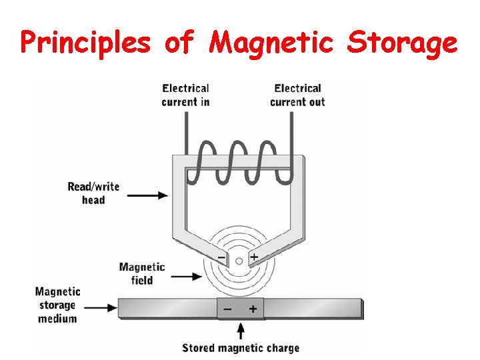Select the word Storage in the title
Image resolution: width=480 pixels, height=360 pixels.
coord(403,43)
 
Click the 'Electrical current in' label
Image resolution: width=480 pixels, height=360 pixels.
coord(185,95)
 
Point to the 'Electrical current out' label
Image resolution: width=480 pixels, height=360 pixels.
coord(297,95)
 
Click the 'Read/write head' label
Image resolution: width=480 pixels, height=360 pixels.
coord(93,193)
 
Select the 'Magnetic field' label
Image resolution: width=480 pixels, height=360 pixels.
coord(142,273)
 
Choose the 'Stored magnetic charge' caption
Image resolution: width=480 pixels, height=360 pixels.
coord(241,347)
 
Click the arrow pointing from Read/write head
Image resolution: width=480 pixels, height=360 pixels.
coord(147,195)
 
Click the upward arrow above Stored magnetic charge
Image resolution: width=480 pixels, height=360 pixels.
coord(241,329)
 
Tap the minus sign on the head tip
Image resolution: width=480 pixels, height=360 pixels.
coord(221,257)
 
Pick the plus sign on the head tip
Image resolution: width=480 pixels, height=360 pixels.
coord(254,257)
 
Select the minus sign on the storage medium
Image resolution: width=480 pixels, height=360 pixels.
coord(228,309)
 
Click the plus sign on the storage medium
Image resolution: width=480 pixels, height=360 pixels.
coord(253,309)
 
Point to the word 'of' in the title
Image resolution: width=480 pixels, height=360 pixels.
coord(180,43)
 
